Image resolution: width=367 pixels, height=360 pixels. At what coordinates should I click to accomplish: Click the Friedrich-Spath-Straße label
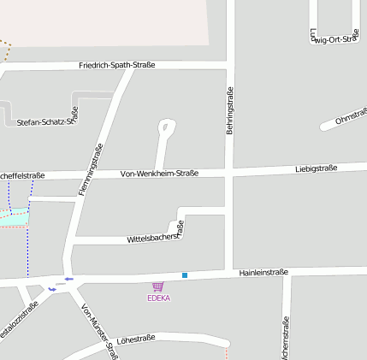117,65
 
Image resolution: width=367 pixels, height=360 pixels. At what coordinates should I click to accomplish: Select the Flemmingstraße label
91,169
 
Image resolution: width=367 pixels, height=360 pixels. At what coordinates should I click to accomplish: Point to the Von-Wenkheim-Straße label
159,173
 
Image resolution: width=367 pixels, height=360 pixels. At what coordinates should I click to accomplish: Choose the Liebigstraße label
316,168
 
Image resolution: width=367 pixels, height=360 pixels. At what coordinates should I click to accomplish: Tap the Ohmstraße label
351,116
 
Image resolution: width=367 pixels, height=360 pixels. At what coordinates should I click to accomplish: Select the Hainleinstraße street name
263,272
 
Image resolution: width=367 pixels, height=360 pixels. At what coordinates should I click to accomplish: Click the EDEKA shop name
158,298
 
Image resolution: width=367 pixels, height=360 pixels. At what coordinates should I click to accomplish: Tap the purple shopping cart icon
157,287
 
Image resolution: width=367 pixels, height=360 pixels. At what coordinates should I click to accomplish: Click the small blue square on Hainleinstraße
184,275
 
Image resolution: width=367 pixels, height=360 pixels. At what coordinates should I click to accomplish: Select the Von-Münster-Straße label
98,332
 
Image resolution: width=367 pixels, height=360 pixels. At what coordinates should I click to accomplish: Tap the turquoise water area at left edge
13,217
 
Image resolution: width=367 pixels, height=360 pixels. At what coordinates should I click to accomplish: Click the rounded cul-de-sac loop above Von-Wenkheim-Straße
166,129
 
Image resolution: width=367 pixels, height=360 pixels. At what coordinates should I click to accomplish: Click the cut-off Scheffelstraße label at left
22,176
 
